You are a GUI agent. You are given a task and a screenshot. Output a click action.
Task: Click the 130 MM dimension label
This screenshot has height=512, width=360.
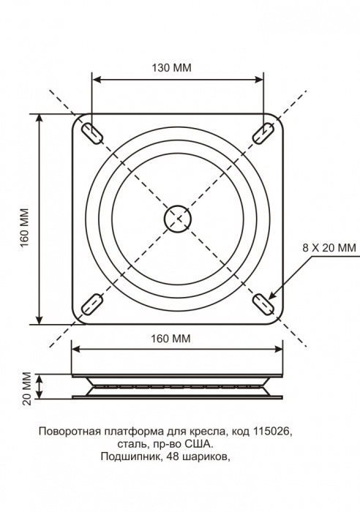pos(171,67)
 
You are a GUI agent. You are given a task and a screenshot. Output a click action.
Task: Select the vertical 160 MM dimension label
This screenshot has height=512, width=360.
pos(25,227)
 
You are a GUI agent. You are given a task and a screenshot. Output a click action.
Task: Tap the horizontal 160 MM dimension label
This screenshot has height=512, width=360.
pos(170,339)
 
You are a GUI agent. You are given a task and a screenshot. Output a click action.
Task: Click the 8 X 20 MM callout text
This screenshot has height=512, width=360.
pos(329,248)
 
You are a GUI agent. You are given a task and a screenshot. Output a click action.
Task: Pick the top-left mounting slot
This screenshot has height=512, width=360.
pos(92,134)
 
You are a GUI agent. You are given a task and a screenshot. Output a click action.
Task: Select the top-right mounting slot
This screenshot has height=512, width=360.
pos(263,133)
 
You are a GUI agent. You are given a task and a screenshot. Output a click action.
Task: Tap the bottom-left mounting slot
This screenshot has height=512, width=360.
pos(92,304)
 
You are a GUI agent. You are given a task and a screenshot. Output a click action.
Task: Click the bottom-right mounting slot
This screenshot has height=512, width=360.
pos(264,304)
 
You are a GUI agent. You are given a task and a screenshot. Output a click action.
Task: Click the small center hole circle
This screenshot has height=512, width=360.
pos(177,219)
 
